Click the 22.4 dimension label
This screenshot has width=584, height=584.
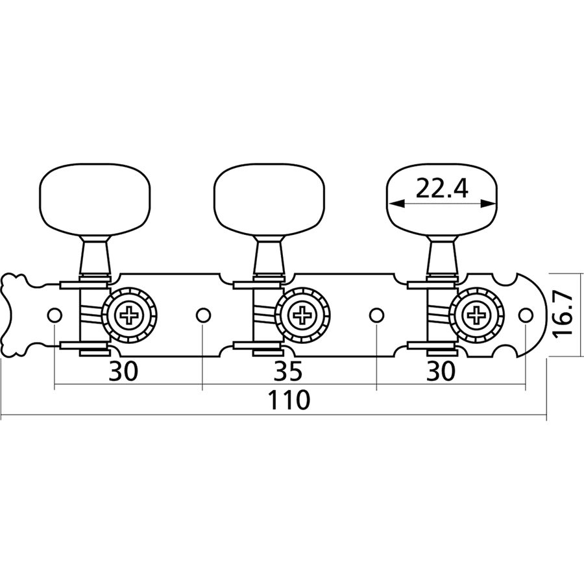[x=441, y=189]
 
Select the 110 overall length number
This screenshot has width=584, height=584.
[x=290, y=400]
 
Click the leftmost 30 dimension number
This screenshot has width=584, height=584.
[x=123, y=371]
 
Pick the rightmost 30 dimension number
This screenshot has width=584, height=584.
[x=441, y=371]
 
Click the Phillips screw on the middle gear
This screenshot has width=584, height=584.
[x=302, y=316]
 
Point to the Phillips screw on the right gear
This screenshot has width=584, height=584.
[x=476, y=316]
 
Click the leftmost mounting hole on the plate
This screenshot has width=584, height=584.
[x=55, y=315]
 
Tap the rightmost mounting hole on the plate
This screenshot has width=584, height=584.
[x=526, y=315]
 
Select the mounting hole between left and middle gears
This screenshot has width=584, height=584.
[x=203, y=315]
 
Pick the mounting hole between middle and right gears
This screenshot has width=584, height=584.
[x=377, y=315]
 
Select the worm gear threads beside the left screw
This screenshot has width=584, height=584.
[x=92, y=315]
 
